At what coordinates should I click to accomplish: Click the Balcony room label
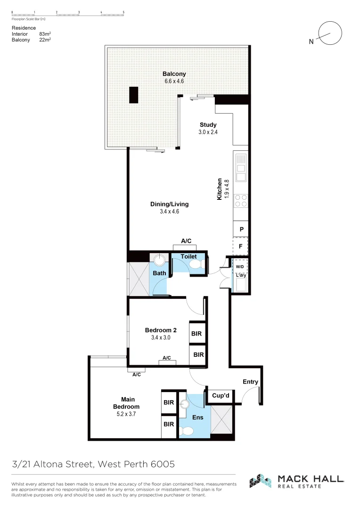pyautogui.click(x=174, y=74)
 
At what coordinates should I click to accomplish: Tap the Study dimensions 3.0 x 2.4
pyautogui.click(x=208, y=132)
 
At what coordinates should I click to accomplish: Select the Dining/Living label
pyautogui.click(x=169, y=204)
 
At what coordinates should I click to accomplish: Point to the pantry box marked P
pyautogui.click(x=241, y=229)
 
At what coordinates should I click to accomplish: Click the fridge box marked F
pyautogui.click(x=241, y=246)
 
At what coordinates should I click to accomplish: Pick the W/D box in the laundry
pyautogui.click(x=240, y=266)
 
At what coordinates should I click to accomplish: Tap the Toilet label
pyautogui.click(x=188, y=256)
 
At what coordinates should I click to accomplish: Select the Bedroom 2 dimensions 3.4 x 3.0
pyautogui.click(x=160, y=338)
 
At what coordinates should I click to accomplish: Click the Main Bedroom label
pyautogui.click(x=126, y=403)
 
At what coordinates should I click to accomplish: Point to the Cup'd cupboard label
pyautogui.click(x=220, y=396)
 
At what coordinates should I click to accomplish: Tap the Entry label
pyautogui.click(x=250, y=382)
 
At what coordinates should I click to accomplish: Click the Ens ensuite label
pyautogui.click(x=197, y=418)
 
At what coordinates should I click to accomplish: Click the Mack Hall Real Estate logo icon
pyautogui.click(x=261, y=481)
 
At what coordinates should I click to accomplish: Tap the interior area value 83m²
pyautogui.click(x=45, y=34)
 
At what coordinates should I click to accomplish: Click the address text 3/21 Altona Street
pyautogui.click(x=54, y=464)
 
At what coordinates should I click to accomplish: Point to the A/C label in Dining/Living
pyautogui.click(x=186, y=241)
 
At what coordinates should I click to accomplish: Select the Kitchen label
pyautogui.click(x=219, y=189)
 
